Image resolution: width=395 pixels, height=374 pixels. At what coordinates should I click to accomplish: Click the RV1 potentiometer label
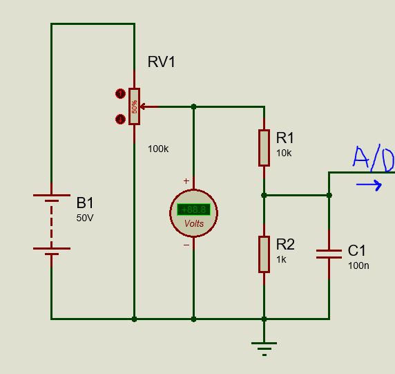(161, 62)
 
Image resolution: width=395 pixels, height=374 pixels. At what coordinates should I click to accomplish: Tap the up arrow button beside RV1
(120, 94)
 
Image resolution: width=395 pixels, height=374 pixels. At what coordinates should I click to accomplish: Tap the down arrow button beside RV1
(120, 120)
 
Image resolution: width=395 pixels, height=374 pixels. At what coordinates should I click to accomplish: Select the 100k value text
(158, 149)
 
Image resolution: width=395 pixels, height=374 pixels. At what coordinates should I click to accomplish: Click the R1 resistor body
(264, 148)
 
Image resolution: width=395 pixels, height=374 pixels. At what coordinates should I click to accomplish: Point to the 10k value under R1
(284, 153)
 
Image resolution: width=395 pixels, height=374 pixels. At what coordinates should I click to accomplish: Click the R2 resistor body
(264, 254)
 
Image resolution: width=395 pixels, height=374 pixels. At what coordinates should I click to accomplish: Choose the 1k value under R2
(281, 259)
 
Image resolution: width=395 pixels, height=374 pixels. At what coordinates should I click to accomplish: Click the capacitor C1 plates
(329, 254)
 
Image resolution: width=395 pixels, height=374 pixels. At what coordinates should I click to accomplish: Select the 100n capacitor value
(358, 266)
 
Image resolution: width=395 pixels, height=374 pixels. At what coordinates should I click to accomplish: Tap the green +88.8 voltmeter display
(194, 209)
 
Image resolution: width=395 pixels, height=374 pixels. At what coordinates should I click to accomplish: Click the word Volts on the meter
(194, 223)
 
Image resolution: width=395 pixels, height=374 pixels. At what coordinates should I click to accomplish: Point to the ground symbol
(264, 349)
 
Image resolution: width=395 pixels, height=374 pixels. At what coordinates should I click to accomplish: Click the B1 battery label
(85, 203)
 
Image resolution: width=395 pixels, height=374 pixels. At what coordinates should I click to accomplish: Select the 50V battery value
(85, 218)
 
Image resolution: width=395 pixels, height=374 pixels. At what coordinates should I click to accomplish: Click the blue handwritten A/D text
(374, 158)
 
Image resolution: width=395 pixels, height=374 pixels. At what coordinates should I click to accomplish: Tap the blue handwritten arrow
(369, 185)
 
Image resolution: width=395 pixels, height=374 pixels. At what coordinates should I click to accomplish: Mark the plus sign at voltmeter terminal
(186, 181)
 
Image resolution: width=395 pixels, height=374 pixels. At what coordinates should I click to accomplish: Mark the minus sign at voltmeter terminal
(186, 245)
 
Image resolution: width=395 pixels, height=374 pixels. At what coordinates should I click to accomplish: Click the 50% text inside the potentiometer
(134, 106)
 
